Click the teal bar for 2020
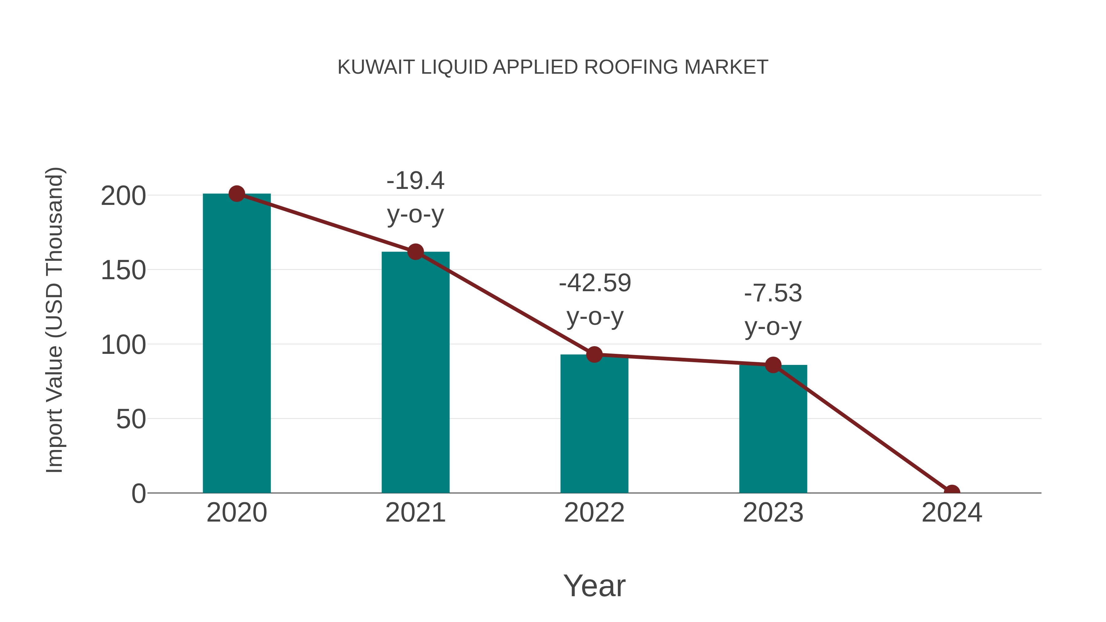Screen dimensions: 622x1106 (237, 343)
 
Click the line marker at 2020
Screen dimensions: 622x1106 (237, 194)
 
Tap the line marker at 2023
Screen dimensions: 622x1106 (773, 365)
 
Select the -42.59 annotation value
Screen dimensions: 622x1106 (595, 283)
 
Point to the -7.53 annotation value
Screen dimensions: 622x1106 (773, 294)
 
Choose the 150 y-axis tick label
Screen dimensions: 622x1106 (123, 271)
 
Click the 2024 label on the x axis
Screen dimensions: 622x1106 (951, 513)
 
